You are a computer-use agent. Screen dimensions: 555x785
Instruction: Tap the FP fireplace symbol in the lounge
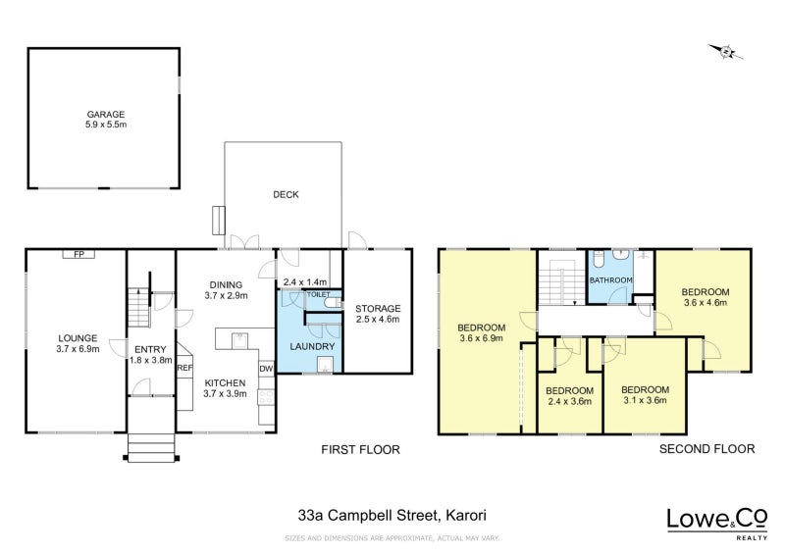click(78, 254)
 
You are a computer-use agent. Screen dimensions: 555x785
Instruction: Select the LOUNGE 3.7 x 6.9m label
click(78, 343)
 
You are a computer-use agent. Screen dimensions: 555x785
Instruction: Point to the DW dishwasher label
click(265, 369)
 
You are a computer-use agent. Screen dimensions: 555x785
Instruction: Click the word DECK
click(286, 194)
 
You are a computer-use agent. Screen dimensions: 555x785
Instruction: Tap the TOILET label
click(319, 294)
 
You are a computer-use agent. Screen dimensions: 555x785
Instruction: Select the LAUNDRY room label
click(312, 346)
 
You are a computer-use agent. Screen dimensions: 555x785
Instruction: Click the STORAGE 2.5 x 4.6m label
click(378, 314)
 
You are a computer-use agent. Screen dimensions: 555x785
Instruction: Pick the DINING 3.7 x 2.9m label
click(225, 289)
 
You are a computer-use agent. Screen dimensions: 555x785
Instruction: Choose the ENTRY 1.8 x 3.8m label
click(149, 354)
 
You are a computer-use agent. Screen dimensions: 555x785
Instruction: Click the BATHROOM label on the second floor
click(610, 280)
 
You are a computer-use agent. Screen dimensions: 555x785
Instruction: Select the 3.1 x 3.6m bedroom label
click(644, 394)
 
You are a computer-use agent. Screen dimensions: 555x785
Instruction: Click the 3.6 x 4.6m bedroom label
click(706, 297)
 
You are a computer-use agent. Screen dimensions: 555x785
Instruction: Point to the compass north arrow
click(726, 52)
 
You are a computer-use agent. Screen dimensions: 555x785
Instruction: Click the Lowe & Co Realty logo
click(717, 521)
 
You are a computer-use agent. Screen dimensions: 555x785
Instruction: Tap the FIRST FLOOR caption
click(361, 449)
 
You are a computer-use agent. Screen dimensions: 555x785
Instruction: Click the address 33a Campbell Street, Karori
click(392, 513)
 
